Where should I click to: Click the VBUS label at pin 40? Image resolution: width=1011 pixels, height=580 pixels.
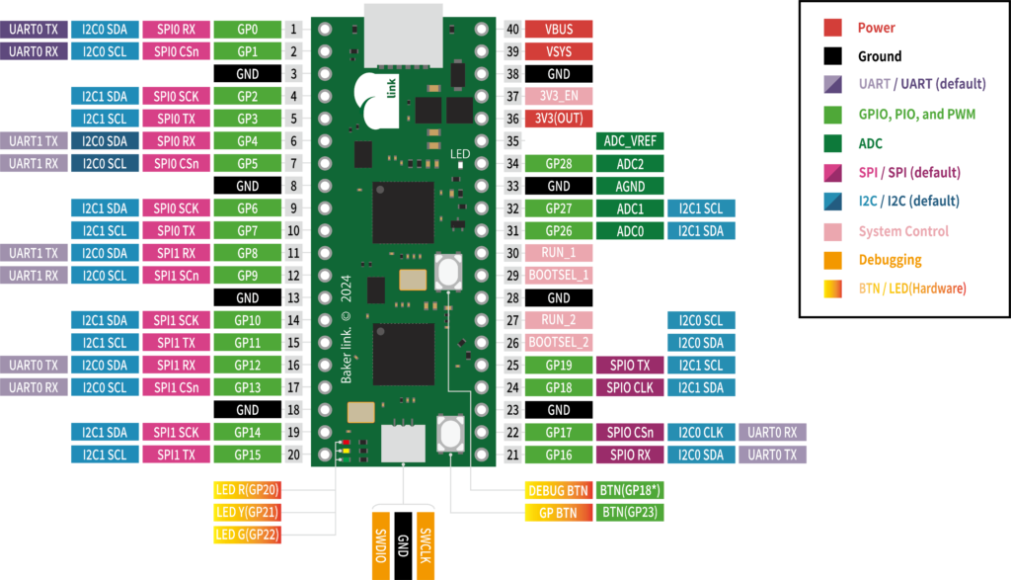pos(559,29)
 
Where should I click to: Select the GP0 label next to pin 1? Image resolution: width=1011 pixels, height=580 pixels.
pos(247,29)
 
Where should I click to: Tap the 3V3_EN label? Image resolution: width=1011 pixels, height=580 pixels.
pos(559,96)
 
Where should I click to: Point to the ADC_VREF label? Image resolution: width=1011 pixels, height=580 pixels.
pos(630,140)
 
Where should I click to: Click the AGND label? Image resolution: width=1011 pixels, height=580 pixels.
pos(630,186)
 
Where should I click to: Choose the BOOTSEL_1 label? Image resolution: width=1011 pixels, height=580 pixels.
pos(559,275)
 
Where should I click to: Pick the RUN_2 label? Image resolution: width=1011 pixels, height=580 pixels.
pos(559,320)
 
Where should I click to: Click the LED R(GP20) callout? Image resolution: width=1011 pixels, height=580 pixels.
pos(247,489)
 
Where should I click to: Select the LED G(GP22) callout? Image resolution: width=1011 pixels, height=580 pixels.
pos(247,535)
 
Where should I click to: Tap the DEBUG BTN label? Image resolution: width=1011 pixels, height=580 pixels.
pos(559,490)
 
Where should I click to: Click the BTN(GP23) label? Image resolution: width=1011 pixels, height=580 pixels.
pos(630,512)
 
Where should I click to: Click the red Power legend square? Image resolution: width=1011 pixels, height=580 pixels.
pos(832,28)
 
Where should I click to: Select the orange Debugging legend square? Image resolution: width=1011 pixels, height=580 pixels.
pos(832,260)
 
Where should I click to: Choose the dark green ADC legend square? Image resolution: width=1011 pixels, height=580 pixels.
pos(832,143)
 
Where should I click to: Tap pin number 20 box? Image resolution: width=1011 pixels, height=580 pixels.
pos(294,455)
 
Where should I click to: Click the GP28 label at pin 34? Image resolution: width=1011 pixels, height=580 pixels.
pos(559,163)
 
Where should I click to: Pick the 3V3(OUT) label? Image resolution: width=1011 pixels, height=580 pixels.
pos(559,119)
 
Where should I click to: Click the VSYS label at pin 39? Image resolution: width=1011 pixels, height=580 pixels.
pos(559,51)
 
